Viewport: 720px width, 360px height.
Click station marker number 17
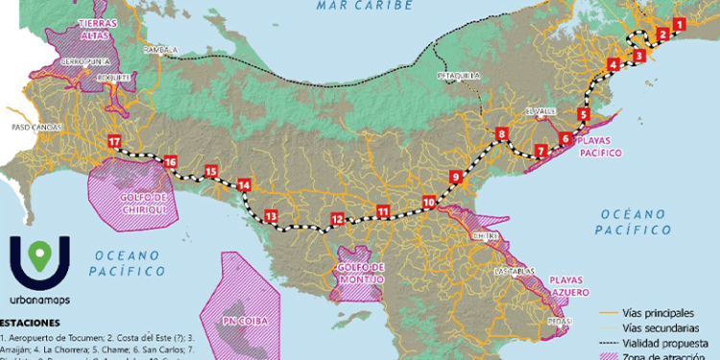(x=114, y=143)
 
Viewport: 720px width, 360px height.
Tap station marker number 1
(x=679, y=25)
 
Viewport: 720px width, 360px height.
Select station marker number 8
(x=501, y=133)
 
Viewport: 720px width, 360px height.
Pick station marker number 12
(x=336, y=219)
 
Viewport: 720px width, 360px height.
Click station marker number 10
(x=428, y=202)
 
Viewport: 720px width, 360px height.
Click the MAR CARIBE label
(x=366, y=6)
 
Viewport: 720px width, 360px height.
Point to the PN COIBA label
(x=244, y=320)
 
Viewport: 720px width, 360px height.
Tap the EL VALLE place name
(x=540, y=111)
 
